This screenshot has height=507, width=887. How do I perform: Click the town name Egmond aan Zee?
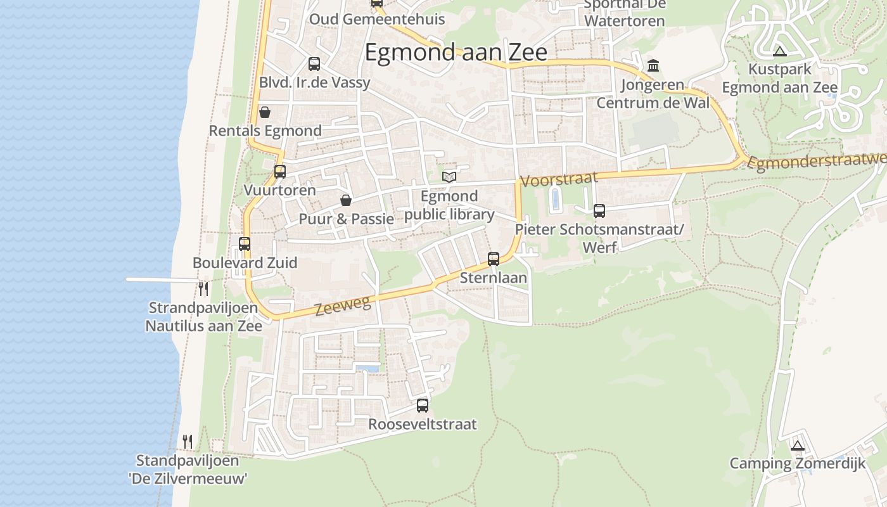pyautogui.click(x=456, y=53)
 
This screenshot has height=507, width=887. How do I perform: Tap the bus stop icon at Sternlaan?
pyautogui.click(x=494, y=259)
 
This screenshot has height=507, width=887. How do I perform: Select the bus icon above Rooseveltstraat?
pyautogui.click(x=423, y=406)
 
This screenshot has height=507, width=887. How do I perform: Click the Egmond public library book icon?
pyautogui.click(x=449, y=176)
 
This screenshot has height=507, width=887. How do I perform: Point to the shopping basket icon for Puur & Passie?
pyautogui.click(x=346, y=201)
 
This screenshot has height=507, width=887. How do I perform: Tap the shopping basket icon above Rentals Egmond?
pyautogui.click(x=265, y=112)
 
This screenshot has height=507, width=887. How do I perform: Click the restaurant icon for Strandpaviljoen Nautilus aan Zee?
pyautogui.click(x=203, y=289)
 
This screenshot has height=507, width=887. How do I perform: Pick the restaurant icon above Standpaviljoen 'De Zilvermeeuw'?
pyautogui.click(x=188, y=441)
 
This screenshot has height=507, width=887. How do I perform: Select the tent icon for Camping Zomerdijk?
pyautogui.click(x=797, y=445)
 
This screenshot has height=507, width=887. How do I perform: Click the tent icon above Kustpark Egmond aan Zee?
pyautogui.click(x=780, y=51)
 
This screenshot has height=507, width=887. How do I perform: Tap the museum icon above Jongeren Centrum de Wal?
pyautogui.click(x=653, y=66)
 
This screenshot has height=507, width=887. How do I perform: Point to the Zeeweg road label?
pyautogui.click(x=342, y=306)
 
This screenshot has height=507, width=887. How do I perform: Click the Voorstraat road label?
pyautogui.click(x=558, y=179)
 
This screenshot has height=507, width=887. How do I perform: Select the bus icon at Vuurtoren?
pyautogui.click(x=279, y=171)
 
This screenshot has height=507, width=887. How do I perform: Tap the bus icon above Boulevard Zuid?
pyautogui.click(x=245, y=244)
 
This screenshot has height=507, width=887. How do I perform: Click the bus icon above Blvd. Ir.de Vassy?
pyautogui.click(x=314, y=64)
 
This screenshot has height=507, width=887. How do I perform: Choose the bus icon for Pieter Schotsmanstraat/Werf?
pyautogui.click(x=599, y=211)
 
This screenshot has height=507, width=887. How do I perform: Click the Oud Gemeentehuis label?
pyautogui.click(x=376, y=19)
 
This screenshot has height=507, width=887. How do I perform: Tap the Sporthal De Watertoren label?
pyautogui.click(x=624, y=13)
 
